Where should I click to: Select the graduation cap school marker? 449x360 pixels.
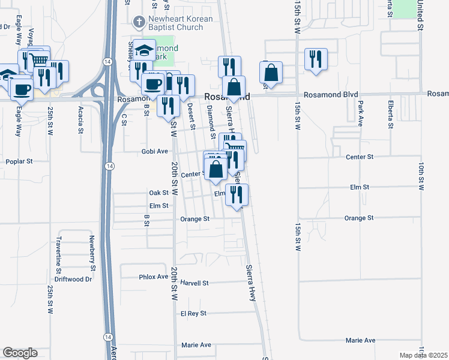tap(144, 50)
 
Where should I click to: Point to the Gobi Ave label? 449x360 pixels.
tap(154, 151)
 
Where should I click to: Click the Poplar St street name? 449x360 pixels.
tap(19, 161)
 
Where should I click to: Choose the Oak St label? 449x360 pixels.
tap(159, 193)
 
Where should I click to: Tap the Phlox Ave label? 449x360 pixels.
tap(154, 277)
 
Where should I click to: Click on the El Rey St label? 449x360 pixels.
tap(193, 313)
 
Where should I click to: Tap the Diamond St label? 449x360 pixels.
tap(211, 118)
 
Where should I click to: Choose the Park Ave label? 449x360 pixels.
tap(361, 112)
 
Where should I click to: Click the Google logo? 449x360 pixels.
tap(20, 353)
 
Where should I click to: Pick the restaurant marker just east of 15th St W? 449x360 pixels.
tap(316, 59)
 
